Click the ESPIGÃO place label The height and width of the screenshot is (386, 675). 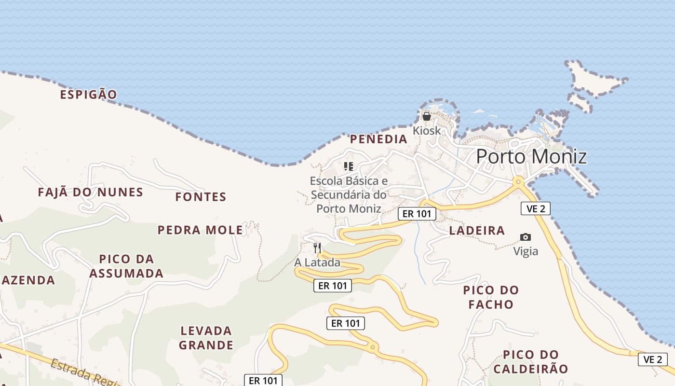click(x=89, y=95)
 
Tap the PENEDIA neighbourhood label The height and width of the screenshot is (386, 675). click(x=378, y=139)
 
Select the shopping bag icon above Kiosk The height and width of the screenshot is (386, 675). click(x=426, y=116)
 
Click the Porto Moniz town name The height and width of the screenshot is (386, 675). click(x=531, y=157)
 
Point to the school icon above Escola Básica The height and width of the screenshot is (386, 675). click(x=349, y=167)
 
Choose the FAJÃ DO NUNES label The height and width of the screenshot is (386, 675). click(x=91, y=193)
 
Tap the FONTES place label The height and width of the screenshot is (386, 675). click(x=201, y=197)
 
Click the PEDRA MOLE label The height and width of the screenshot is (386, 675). click(x=201, y=230)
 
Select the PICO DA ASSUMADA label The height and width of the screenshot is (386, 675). click(x=126, y=266)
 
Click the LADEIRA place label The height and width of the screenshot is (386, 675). click(x=477, y=231)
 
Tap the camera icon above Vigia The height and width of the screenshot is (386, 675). click(x=526, y=237)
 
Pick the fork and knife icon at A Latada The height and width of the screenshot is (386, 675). click(x=317, y=248)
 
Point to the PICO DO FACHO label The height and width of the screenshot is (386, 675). click(x=491, y=297)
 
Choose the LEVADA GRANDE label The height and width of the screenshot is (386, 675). click(x=206, y=338)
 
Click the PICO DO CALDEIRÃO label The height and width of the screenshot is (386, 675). click(x=531, y=362)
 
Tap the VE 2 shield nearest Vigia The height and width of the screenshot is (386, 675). click(x=535, y=208)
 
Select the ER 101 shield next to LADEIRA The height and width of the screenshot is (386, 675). click(x=417, y=214)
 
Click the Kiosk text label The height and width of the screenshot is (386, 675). click(x=427, y=131)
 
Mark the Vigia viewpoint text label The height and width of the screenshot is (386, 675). click(x=526, y=251)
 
